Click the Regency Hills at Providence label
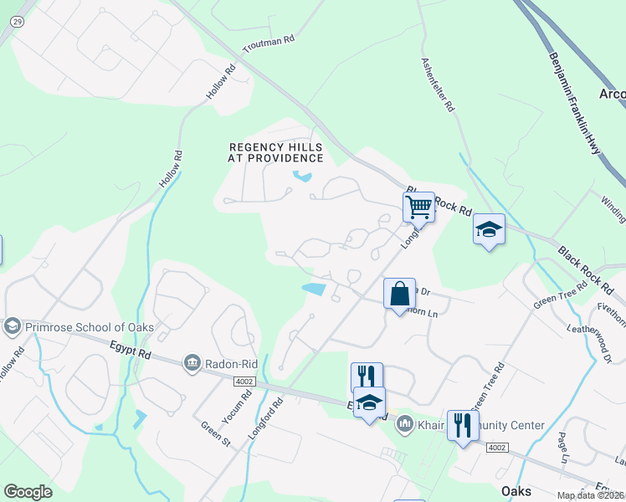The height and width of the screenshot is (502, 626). (276, 152)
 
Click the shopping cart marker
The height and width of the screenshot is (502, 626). (418, 206)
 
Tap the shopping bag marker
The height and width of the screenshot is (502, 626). (399, 294)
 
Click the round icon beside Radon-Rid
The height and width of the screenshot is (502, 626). (193, 361)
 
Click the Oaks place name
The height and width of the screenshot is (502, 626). (516, 491)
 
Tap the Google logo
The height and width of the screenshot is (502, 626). (28, 492)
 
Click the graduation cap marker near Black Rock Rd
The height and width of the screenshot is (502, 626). (489, 228)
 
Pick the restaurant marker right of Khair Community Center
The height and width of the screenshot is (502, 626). (462, 426)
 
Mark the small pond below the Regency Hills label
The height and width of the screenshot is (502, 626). (301, 177)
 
